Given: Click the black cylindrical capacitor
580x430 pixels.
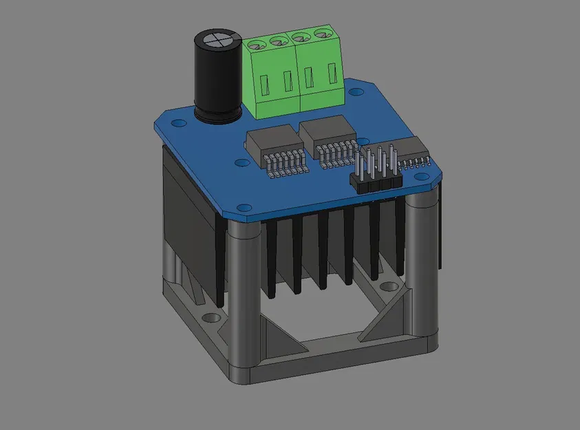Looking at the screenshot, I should pos(216,79).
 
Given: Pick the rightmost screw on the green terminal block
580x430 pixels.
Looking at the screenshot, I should pos(321,34).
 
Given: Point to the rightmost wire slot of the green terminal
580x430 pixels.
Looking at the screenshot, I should pos(334,74).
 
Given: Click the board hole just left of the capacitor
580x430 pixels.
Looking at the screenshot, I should pos(180,124).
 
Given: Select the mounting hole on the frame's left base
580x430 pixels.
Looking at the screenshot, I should pos(211,319).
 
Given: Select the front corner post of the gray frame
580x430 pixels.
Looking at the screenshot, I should pos(244,296).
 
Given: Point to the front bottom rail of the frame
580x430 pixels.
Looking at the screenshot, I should pos(330,361).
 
